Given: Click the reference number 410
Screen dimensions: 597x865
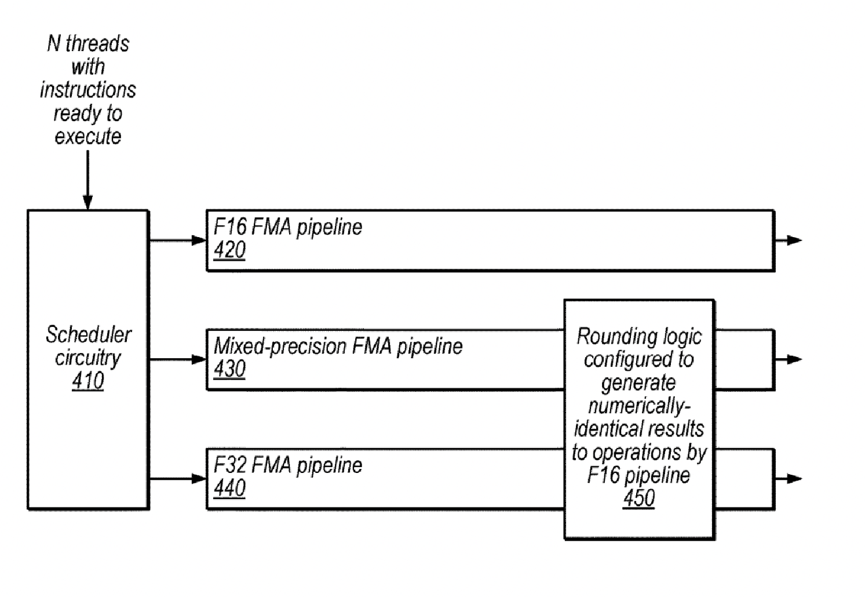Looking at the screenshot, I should click(88, 381).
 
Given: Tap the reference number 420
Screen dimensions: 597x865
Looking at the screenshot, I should click(229, 250).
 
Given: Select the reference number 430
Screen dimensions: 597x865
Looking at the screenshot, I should click(229, 369).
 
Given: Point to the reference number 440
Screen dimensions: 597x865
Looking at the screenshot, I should click(229, 488).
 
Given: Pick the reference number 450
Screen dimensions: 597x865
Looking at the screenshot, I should click(638, 498).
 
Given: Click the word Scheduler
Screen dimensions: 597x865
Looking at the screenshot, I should click(89, 334).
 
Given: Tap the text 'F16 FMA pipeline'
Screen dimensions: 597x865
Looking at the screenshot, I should click(288, 227).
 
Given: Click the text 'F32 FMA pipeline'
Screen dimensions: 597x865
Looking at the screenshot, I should click(288, 465).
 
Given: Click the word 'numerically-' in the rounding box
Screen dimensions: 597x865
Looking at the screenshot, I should click(638, 406).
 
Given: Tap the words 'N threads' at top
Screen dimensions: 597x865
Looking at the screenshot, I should click(88, 43).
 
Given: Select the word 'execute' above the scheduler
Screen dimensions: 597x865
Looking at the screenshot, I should click(88, 137).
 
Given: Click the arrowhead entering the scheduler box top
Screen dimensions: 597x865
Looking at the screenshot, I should click(88, 202).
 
